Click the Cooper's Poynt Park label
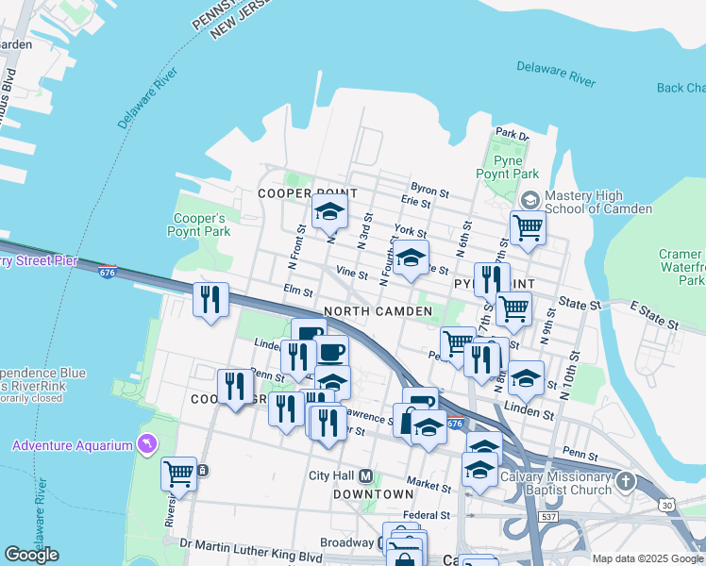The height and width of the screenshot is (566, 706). coord(198,224)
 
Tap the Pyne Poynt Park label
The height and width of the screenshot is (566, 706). coord(507,167)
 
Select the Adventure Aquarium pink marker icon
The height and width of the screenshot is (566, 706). coord(145,443)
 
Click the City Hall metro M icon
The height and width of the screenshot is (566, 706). coord(365,474)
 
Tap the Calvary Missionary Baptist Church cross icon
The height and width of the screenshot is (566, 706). coord(624,483)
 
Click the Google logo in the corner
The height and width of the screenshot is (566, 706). coord(31,555)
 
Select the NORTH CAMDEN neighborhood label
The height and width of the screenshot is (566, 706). coord(369,311)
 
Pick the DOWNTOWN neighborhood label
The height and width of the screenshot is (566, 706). coord(373,493)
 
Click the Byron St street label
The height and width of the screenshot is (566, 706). coord(427,188)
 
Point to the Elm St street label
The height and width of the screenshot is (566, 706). coord(297,291)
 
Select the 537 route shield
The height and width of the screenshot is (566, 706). coord(549,518)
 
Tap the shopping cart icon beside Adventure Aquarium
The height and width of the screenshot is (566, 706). coord(178,474)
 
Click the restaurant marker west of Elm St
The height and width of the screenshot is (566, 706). coord(210,300)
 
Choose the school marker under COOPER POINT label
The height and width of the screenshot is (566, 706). coord(329,213)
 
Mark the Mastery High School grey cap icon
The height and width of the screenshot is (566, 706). coord(530,200)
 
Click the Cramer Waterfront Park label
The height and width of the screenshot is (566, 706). coord(681,267)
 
